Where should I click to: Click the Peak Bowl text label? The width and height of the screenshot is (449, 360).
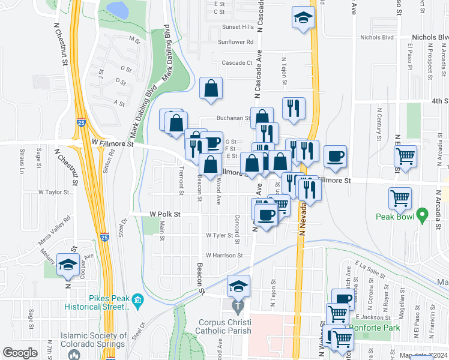click(x=395, y=217)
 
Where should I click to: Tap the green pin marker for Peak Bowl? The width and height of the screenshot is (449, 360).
click(x=422, y=214)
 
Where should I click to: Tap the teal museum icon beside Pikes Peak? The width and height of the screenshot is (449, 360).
click(x=137, y=299)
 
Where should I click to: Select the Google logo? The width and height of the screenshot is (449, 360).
click(x=20, y=353)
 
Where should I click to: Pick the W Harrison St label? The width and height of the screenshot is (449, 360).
click(x=223, y=255)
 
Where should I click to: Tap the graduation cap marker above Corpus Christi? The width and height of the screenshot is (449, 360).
click(x=238, y=287)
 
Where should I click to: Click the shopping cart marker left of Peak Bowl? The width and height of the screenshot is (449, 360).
click(x=400, y=199)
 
